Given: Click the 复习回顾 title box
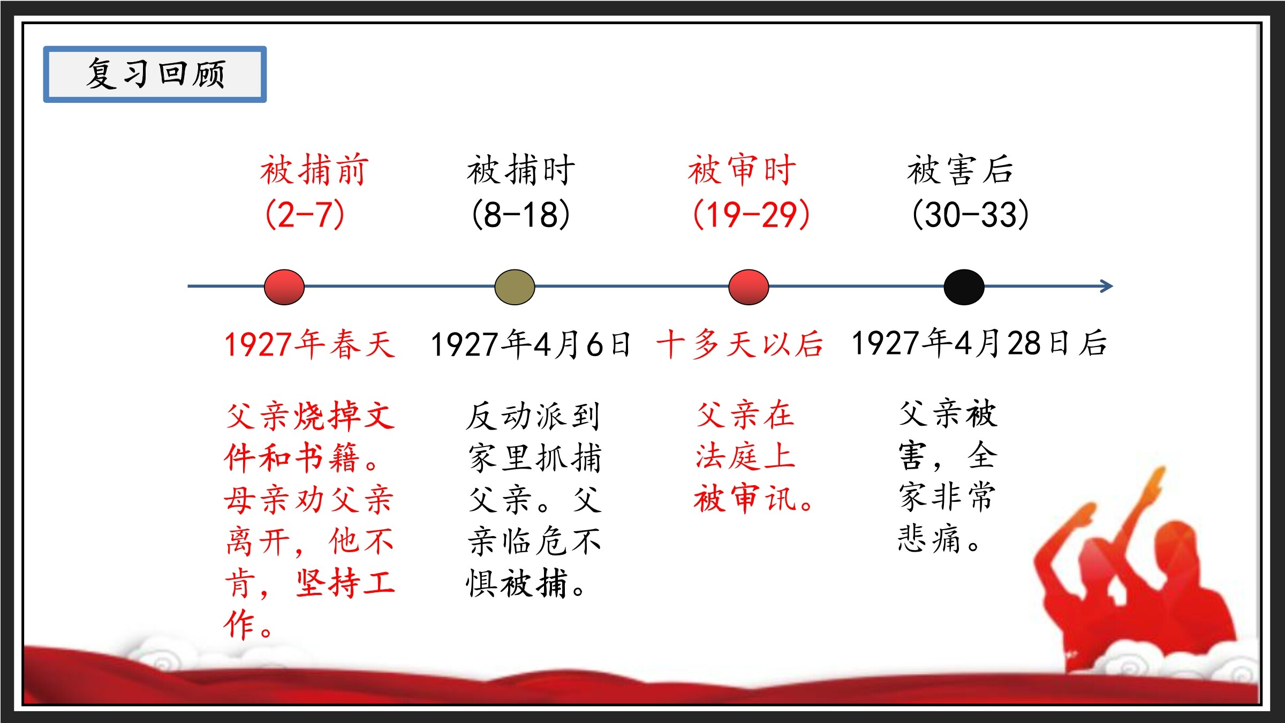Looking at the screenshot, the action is coord(155,74).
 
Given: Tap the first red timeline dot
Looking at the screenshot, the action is coord(284,287).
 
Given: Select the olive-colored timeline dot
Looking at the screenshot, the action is coord(515,287).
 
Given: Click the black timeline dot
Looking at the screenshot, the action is coord(964,287).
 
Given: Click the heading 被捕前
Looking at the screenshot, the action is coord(314,170).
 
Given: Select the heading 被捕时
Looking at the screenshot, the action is coord(521,170).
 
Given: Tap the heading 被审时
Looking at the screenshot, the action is coord(742,170).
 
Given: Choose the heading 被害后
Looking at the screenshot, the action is coord(961,170).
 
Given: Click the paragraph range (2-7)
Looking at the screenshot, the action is coord(305,214).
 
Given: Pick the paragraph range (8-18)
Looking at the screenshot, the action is coord(521,214).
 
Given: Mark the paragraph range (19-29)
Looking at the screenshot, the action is coord(751,214).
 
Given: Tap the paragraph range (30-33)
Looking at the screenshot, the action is coord(970,214).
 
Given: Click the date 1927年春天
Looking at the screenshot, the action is coord(310,344).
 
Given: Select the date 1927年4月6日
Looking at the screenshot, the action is coord(531,344).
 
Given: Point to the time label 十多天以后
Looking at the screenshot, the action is coord(740,344).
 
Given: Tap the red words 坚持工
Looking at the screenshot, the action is coord(345,583).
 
